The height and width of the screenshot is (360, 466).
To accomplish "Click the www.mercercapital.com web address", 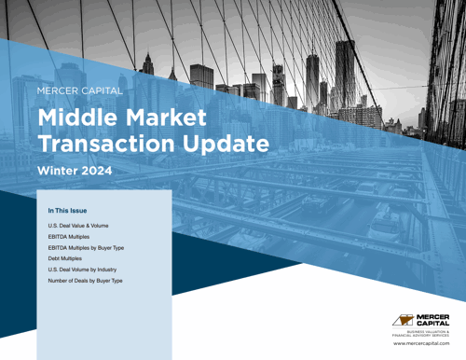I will click(x=423, y=344).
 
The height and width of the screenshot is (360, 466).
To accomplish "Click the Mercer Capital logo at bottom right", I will click(x=423, y=320).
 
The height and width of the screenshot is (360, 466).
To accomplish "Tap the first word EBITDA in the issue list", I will click(x=58, y=238).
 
